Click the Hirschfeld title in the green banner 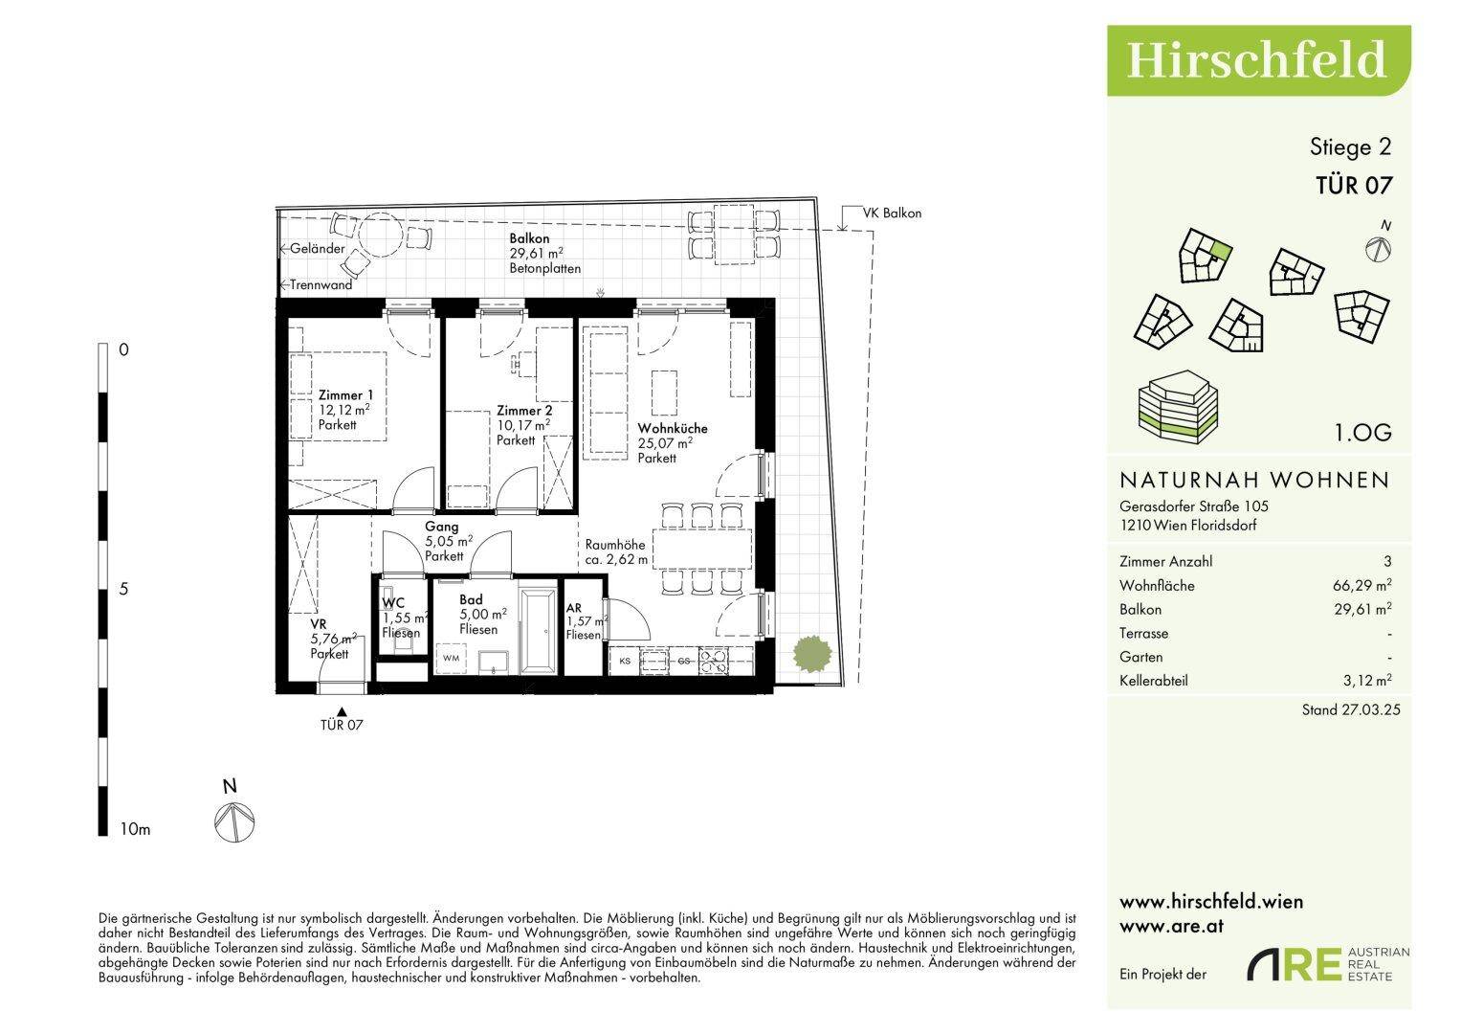point(1255,59)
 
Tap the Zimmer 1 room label point(345,394)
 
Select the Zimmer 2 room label point(524,411)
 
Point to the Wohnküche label point(673,428)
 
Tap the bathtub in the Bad point(539,631)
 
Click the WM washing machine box point(452,658)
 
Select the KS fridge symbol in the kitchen point(625,661)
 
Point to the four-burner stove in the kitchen point(713,661)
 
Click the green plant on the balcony point(812,653)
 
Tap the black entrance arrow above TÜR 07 point(342,712)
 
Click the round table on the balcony point(380,235)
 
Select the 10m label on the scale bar point(135,829)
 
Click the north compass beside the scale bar point(234,821)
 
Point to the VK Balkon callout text point(892,213)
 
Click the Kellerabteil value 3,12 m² point(1367,680)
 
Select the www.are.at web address point(1171,927)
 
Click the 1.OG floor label point(1363,432)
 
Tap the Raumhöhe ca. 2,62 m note point(616,551)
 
